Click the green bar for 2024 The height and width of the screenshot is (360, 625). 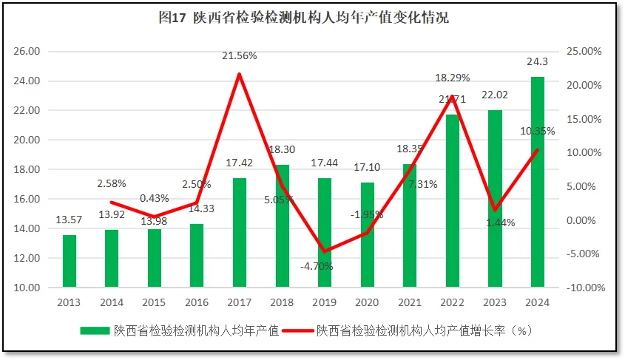(x=538, y=182)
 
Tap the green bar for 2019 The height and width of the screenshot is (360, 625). (x=325, y=233)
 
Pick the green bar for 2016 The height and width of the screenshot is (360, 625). (x=197, y=255)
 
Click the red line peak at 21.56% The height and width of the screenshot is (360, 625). (x=239, y=74)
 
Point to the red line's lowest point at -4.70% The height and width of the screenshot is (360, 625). (x=325, y=251)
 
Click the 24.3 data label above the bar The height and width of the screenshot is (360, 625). (x=538, y=62)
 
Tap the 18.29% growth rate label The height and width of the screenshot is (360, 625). (x=452, y=78)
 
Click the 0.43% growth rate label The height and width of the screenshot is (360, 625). (x=154, y=198)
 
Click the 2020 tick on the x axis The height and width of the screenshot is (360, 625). (x=367, y=302)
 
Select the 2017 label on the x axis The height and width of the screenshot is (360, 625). (x=239, y=302)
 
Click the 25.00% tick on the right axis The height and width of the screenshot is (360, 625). (x=583, y=52)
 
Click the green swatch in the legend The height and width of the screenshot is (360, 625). (x=95, y=331)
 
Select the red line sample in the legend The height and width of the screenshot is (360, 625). (x=298, y=331)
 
